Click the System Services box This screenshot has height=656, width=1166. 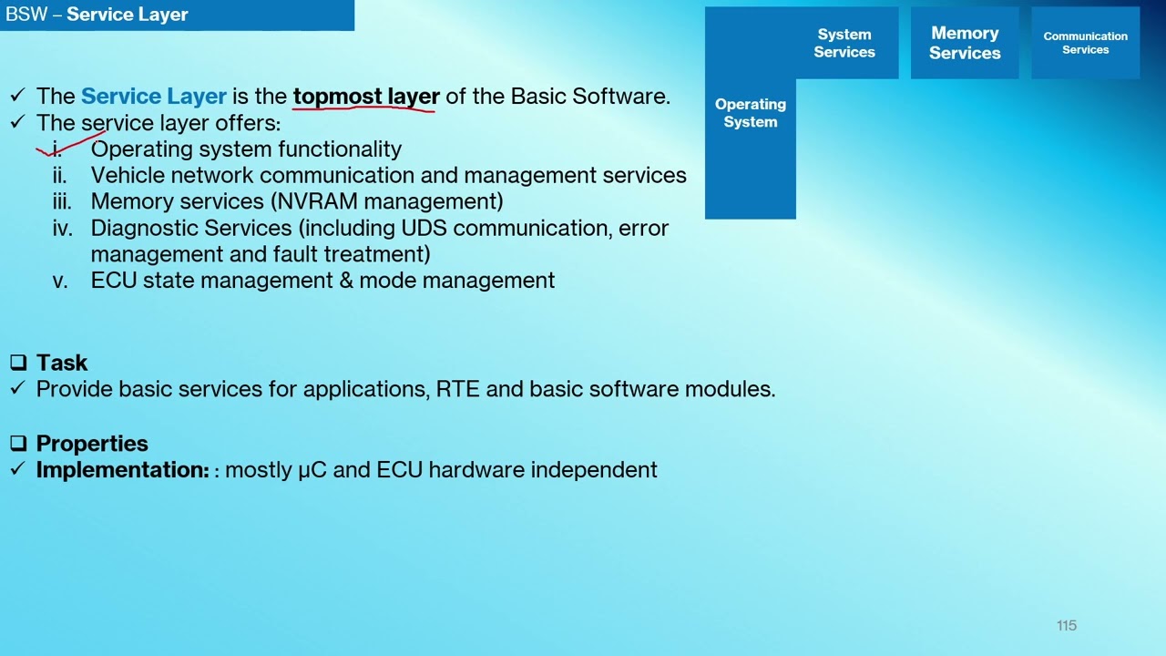coord(844,43)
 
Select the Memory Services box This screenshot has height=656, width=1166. coord(965,43)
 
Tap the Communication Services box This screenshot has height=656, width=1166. coord(1085,43)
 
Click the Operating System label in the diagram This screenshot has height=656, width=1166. coord(751,113)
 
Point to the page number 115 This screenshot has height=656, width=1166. coord(1067,625)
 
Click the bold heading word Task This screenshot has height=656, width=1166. coord(62,363)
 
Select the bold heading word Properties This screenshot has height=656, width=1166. coord(92,444)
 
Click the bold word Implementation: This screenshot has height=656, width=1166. coord(123,470)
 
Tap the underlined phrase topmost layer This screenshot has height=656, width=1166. coord(366,97)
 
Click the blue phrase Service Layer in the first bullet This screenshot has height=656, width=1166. coord(153,97)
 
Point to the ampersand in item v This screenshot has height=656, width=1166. coord(346,281)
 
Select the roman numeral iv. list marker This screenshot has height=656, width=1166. coord(62,228)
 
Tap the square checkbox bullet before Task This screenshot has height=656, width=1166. coord(18,363)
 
